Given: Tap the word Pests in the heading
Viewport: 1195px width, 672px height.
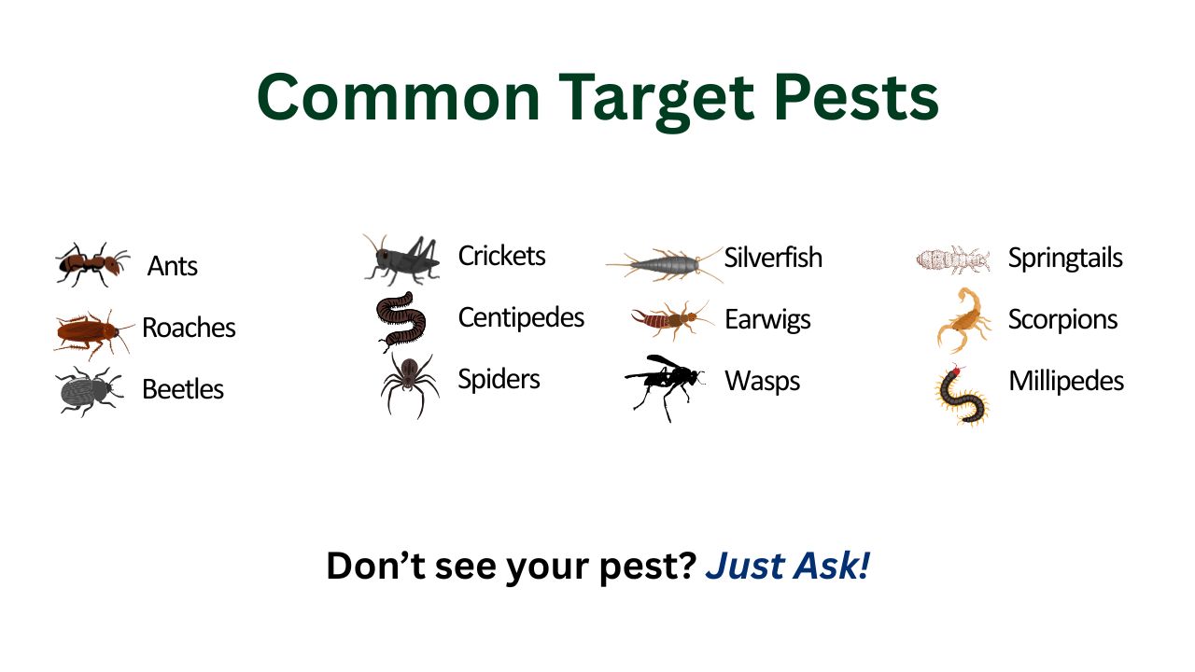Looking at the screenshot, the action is [856, 97].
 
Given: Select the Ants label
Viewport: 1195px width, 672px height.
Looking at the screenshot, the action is [173, 266].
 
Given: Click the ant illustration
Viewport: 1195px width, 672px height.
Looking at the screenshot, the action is [92, 264].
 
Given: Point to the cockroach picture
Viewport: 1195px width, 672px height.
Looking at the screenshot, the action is [92, 333].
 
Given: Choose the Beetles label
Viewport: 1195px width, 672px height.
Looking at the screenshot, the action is [182, 389].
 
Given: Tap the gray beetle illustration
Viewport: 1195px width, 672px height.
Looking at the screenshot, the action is [89, 391].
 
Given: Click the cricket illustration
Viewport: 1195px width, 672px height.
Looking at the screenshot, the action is [401, 259].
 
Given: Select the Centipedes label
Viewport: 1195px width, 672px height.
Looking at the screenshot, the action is [521, 317].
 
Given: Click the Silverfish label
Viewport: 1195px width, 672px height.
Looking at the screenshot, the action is [773, 258].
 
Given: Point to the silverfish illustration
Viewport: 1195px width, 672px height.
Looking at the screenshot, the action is [665, 264].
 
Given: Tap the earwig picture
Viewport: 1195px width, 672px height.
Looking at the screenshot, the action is [672, 320].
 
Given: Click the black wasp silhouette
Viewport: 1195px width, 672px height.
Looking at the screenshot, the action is [665, 385].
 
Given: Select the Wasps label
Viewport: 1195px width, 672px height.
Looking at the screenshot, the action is [763, 382].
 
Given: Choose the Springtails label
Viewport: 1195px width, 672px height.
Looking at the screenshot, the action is [1065, 259].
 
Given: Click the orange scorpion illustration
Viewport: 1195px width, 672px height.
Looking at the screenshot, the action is [963, 320].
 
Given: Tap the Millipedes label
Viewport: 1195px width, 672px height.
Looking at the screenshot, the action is [1066, 381].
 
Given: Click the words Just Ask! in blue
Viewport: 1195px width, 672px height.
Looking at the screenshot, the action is [787, 566].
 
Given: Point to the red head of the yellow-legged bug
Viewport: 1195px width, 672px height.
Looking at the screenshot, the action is [956, 371].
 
